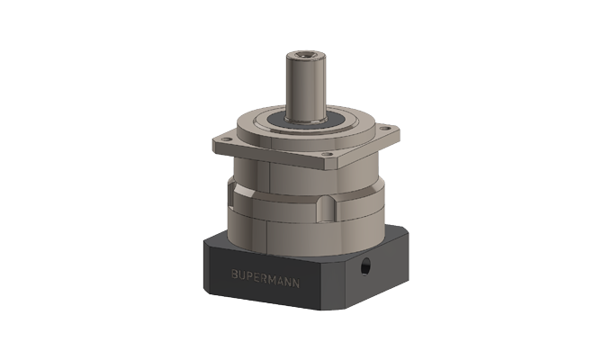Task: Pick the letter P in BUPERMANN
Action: pos(250,274)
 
